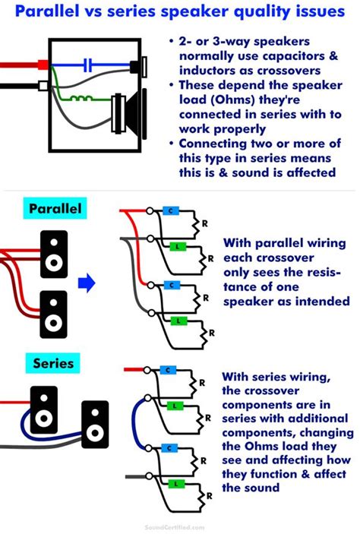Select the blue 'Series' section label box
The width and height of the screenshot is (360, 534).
point(52,363)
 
